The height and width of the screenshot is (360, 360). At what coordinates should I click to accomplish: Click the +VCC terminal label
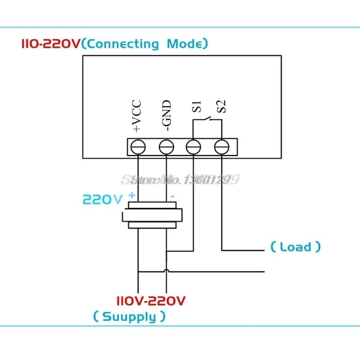pyautogui.click(x=137, y=116)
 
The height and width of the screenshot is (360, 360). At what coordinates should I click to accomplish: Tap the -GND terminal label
pyautogui.click(x=166, y=116)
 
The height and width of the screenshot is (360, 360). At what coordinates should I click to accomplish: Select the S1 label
pyautogui.click(x=196, y=107)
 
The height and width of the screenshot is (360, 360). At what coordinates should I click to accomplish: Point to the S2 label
pyautogui.click(x=221, y=107)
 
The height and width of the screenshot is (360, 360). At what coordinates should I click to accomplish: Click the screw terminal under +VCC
pyautogui.click(x=138, y=147)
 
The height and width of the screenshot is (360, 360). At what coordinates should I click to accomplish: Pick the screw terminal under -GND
pyautogui.click(x=166, y=147)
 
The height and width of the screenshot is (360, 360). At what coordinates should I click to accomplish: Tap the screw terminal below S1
pyautogui.click(x=193, y=147)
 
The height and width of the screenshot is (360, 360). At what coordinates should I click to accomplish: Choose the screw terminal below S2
pyautogui.click(x=221, y=147)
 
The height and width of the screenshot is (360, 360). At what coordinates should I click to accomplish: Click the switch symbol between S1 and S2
pyautogui.click(x=207, y=119)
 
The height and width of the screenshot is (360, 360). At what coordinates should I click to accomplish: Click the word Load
pyautogui.click(x=295, y=247)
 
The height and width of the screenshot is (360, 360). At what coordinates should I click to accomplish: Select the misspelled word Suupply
pyautogui.click(x=129, y=317)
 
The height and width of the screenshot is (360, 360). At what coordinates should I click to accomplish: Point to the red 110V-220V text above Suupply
pyautogui.click(x=151, y=301)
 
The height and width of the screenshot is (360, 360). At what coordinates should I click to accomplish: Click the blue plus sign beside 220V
pyautogui.click(x=132, y=195)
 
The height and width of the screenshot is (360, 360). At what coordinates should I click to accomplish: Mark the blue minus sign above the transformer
pyautogui.click(x=172, y=196)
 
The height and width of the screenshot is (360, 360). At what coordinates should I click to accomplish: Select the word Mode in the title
pyautogui.click(x=184, y=44)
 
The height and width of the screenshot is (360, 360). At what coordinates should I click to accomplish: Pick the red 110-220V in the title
pyautogui.click(x=51, y=44)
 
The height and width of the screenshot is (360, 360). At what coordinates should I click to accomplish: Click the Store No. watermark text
pyautogui.click(x=180, y=179)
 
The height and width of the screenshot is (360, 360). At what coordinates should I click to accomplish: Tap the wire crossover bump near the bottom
pyautogui.click(x=166, y=270)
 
